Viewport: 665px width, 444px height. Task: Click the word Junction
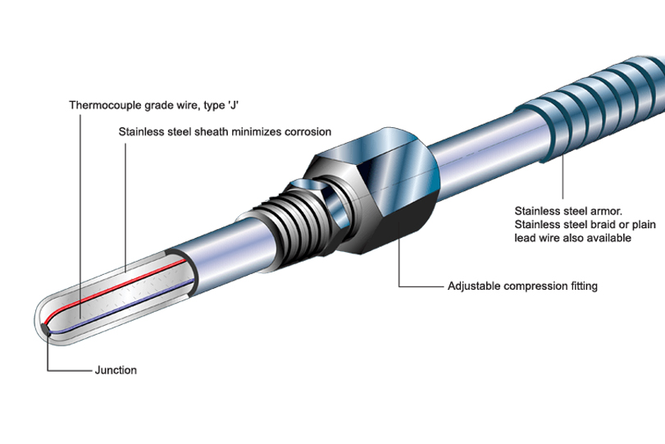click(116, 370)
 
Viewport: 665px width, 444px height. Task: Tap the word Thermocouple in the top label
click(102, 105)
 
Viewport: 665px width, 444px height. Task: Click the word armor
click(603, 210)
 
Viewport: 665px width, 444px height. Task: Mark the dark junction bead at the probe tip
click(48, 330)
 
